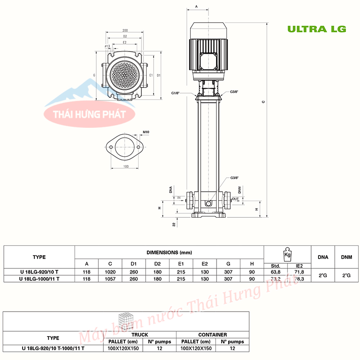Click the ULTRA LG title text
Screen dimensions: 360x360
pyautogui.click(x=316, y=29)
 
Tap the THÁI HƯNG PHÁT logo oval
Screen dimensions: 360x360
pyautogui.click(x=89, y=114)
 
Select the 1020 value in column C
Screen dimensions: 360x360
pyautogui.click(x=110, y=272)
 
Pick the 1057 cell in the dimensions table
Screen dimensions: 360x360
pyautogui.click(x=110, y=279)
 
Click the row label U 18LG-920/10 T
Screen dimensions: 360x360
pyautogui.click(x=39, y=272)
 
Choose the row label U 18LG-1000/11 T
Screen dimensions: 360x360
pyautogui.click(x=39, y=279)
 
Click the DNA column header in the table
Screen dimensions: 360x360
pyautogui.click(x=323, y=257)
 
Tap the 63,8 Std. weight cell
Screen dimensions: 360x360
pyautogui.click(x=276, y=272)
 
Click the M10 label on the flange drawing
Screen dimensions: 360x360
pyautogui.click(x=146, y=132)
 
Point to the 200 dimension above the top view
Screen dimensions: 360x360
pyautogui.click(x=125, y=31)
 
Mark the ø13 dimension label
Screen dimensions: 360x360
pyautogui.click(x=107, y=46)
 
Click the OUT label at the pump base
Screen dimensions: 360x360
pyautogui.click(x=235, y=199)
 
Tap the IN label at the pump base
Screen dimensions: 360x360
pyautogui.click(x=179, y=198)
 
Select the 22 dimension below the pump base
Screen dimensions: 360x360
pyautogui.click(x=174, y=224)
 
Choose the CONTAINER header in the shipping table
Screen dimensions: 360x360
pyautogui.click(x=212, y=334)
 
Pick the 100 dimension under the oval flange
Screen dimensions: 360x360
pyautogui.click(x=126, y=167)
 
